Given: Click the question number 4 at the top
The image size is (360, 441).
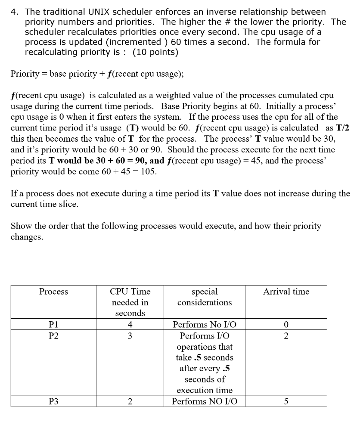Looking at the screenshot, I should tap(13, 12).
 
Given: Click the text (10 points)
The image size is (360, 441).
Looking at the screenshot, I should tap(155, 52).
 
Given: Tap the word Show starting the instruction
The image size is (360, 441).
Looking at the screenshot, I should tap(20, 226).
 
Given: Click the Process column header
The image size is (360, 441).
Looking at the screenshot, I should tap(53, 292).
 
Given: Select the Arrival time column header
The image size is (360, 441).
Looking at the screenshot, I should tap(286, 292).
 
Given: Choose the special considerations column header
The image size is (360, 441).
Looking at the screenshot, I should tap(204, 297).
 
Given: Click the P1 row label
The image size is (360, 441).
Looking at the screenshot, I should tap(53, 325).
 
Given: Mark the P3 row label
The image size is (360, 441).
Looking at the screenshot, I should tap(53, 401).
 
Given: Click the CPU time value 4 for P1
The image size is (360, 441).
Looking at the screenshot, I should tap(130, 325).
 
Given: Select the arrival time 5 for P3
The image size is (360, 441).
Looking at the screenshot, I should tap(286, 401).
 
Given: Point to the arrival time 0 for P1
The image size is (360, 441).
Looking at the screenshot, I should tap(286, 325).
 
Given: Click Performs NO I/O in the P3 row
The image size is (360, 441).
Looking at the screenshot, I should tap(204, 401).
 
